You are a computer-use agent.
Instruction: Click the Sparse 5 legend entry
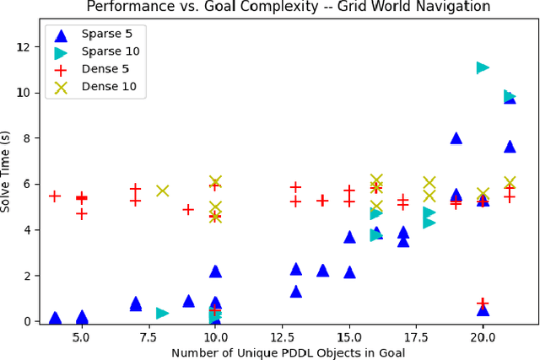[100, 35]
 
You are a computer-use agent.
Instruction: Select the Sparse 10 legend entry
[100, 51]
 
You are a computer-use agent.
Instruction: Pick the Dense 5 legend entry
[100, 69]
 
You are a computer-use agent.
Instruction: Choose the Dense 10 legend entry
[100, 86]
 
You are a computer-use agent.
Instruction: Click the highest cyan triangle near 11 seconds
[483, 67]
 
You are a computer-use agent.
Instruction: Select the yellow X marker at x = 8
[162, 191]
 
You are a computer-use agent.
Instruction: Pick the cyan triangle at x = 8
[162, 313]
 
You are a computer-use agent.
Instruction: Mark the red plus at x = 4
[55, 196]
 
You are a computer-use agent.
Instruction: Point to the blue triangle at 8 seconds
[456, 138]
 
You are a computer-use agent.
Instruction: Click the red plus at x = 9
[189, 209]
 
